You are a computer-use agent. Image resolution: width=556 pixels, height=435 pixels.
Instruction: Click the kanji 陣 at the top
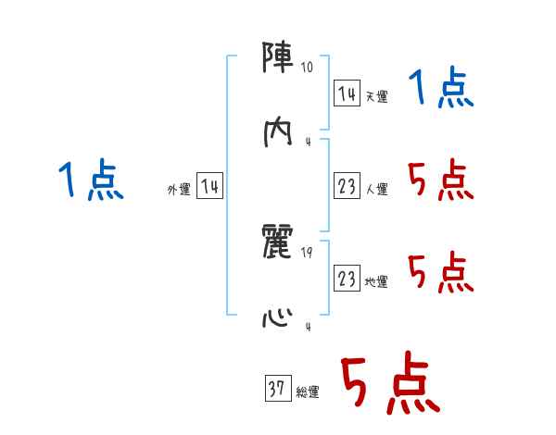(x=279, y=61)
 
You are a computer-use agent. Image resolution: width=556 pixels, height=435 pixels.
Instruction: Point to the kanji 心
(x=279, y=318)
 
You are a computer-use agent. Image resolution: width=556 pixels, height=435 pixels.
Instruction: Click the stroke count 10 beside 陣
(x=308, y=68)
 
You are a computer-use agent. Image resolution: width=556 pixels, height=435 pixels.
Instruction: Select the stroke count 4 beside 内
(x=308, y=142)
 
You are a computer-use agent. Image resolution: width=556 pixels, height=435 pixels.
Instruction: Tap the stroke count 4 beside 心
(x=308, y=328)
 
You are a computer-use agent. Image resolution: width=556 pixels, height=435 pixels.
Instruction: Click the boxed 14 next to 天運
(x=347, y=93)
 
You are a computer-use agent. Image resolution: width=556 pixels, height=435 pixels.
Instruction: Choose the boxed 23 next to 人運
(x=347, y=187)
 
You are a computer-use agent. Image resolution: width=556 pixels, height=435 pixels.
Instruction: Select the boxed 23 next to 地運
(x=347, y=279)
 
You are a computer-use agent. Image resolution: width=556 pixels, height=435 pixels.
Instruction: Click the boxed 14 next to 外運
(x=209, y=187)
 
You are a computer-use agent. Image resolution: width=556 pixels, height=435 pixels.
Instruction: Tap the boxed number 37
(x=276, y=390)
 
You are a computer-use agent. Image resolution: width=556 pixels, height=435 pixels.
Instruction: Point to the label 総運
(x=308, y=392)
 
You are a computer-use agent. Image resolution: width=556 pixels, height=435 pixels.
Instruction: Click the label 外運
(x=179, y=190)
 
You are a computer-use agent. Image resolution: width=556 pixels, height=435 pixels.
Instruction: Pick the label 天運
(x=377, y=96)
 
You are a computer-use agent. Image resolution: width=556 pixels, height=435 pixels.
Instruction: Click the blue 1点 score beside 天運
(x=441, y=90)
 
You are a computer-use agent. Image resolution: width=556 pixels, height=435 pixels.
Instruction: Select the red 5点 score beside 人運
(x=441, y=180)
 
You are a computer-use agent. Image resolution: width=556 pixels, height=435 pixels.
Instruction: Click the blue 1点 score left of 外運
(x=91, y=180)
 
